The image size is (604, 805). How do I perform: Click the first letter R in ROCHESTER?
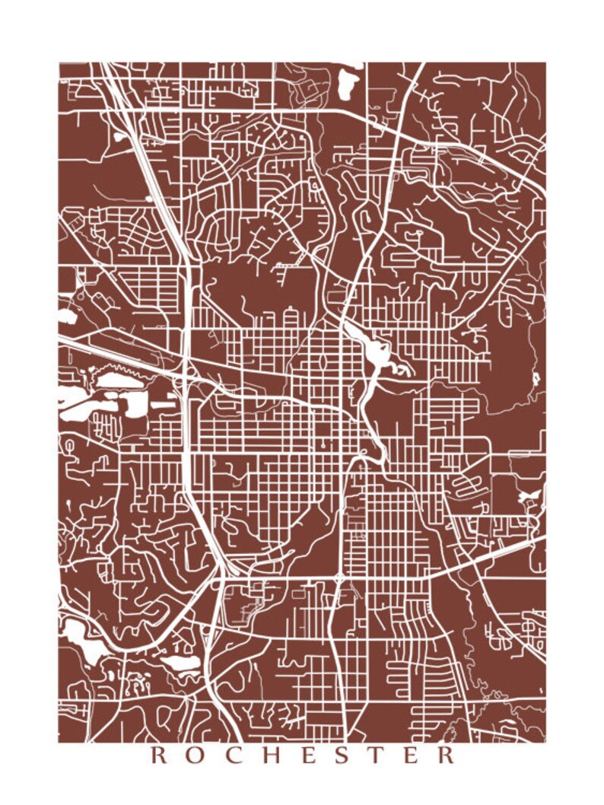(x=160, y=756)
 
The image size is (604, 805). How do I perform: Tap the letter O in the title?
(x=197, y=756)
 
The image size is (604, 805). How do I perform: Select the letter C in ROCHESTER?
(x=234, y=756)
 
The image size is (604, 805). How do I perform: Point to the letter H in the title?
(x=272, y=756)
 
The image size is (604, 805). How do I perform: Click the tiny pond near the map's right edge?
(x=535, y=378)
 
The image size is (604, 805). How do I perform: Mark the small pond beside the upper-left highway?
(x=120, y=137)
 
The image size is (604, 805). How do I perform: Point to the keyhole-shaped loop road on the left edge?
(x=70, y=444)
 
